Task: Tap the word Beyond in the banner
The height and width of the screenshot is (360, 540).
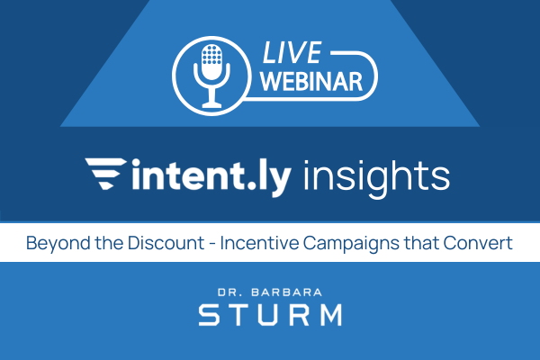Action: pos(51,243)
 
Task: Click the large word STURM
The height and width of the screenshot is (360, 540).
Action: pos(270,316)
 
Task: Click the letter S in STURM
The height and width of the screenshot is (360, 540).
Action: pos(209,316)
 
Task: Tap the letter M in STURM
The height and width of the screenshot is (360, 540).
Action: pos(329,316)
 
